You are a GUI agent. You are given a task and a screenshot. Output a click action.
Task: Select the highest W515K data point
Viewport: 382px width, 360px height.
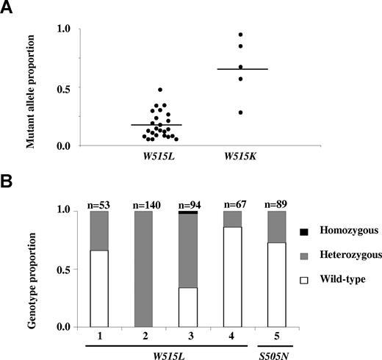[239, 35]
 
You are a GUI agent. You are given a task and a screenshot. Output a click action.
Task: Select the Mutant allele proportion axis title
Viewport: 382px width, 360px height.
[30, 87]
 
